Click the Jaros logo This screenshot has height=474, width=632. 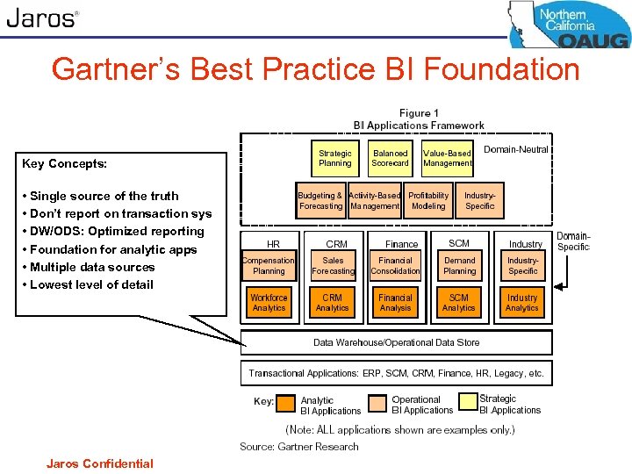42,18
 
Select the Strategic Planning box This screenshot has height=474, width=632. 334,158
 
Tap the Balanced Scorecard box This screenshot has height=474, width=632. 390,158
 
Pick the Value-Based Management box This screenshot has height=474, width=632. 447,158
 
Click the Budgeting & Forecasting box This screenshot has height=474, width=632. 320,201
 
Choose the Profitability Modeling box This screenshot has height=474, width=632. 428,201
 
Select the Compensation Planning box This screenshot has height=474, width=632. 269,266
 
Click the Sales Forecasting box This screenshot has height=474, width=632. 333,266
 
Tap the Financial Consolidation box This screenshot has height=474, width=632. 395,266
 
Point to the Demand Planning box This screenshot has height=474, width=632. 459,266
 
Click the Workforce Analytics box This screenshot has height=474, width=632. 269,303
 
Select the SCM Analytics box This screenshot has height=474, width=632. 459,303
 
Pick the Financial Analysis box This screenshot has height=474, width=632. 395,303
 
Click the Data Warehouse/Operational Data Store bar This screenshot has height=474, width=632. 397,342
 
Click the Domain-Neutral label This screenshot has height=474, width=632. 516,149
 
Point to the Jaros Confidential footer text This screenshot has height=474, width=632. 100,463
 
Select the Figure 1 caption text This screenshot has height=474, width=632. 419,113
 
